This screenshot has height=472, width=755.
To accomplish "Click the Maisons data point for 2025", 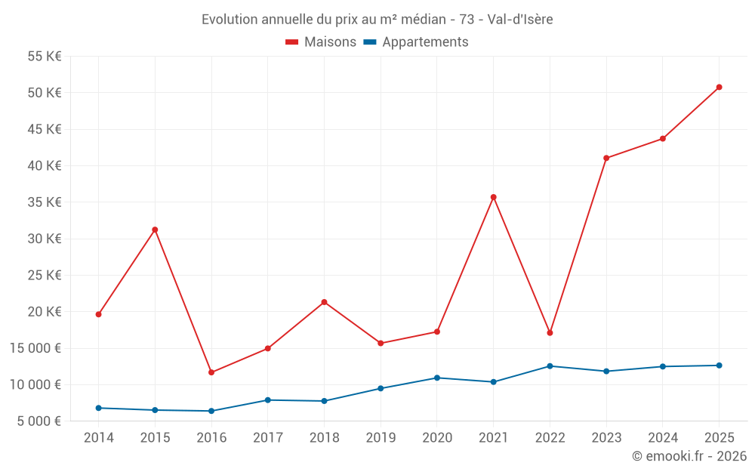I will (719, 87).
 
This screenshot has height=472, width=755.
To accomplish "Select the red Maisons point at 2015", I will (155, 230).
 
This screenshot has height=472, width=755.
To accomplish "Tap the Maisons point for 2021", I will (493, 197).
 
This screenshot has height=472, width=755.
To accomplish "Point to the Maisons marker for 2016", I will (211, 372).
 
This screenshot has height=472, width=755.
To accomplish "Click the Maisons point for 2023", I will (606, 158).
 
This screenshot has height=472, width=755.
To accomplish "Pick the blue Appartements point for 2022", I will (550, 366).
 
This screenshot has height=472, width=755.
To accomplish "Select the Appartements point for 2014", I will (98, 408).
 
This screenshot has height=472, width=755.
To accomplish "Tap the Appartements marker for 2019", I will (381, 388).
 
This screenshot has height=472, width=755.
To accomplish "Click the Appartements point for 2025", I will (719, 366).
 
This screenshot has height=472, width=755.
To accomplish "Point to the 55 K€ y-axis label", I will (45, 57).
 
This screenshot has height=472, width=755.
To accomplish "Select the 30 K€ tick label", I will (45, 239).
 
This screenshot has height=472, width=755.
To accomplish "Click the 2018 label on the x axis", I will (324, 438).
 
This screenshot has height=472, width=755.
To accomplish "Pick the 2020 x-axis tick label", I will (437, 438).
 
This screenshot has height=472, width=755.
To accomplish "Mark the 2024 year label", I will (663, 438).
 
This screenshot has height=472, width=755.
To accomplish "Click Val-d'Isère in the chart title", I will (520, 20).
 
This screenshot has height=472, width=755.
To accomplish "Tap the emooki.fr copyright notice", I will (689, 456).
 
